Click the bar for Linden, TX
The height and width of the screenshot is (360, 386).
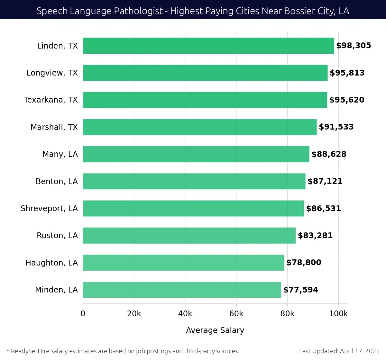pyautogui.click(x=208, y=46)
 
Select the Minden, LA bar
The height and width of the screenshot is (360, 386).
pyautogui.click(x=182, y=290)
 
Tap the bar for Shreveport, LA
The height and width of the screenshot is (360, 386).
pyautogui.click(x=193, y=208)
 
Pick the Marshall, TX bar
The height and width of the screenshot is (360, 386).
pyautogui.click(x=200, y=127)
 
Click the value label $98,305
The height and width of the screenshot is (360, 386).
pyautogui.click(x=354, y=46)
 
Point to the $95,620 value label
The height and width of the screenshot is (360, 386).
pyautogui.click(x=347, y=100)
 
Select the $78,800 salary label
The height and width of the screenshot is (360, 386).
pyautogui.click(x=304, y=263)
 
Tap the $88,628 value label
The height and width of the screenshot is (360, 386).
pyautogui.click(x=329, y=154)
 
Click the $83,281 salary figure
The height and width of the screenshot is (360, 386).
pyautogui.click(x=315, y=236)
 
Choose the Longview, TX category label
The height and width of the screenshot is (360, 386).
pyautogui.click(x=52, y=73)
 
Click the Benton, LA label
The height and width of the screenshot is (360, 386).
pyautogui.click(x=57, y=182)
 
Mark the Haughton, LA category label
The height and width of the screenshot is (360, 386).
pyautogui.click(x=51, y=263)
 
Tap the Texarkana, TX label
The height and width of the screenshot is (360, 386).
pyautogui.click(x=51, y=100)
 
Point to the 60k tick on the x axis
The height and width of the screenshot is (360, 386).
pyautogui.click(x=236, y=314)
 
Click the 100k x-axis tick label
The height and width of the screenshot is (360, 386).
pyautogui.click(x=338, y=314)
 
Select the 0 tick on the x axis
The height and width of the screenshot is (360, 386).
pyautogui.click(x=83, y=314)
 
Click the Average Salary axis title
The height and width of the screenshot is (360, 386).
pyautogui.click(x=215, y=330)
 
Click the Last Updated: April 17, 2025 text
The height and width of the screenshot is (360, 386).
pyautogui.click(x=339, y=351)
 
